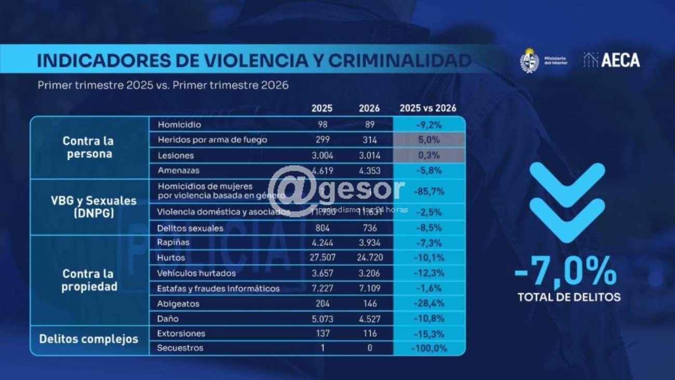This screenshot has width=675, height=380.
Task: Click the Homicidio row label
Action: pos(179,125)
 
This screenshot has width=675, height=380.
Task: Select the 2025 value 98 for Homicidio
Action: pos(322,125)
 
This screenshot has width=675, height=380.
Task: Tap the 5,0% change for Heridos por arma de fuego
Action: pos(429,140)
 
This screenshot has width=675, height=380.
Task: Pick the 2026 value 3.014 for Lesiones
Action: pos(370,155)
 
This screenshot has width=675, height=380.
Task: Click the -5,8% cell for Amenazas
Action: pos(429,170)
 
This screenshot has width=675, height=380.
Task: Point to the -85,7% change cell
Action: pos(429,191)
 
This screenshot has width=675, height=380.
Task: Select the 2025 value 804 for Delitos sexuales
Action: pos(322,228)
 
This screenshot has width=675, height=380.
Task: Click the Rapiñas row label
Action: pos(173,242)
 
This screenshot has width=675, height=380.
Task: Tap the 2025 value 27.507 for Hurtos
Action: pos(322,258)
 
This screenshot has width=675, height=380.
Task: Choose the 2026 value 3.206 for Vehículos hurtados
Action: pos(370,273)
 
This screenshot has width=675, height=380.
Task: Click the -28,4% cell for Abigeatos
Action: pos(429,304)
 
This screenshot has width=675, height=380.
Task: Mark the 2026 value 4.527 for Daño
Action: pos(370,319)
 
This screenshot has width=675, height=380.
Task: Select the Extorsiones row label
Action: pos(181,333)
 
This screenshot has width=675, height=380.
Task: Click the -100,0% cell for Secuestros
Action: pos(429,348)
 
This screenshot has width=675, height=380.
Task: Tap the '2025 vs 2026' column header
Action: pos(428,109)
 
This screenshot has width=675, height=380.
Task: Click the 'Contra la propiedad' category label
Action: pos(89,280)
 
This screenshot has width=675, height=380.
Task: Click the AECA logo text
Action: pos(620,60)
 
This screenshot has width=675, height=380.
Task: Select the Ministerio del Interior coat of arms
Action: pos(529,60)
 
